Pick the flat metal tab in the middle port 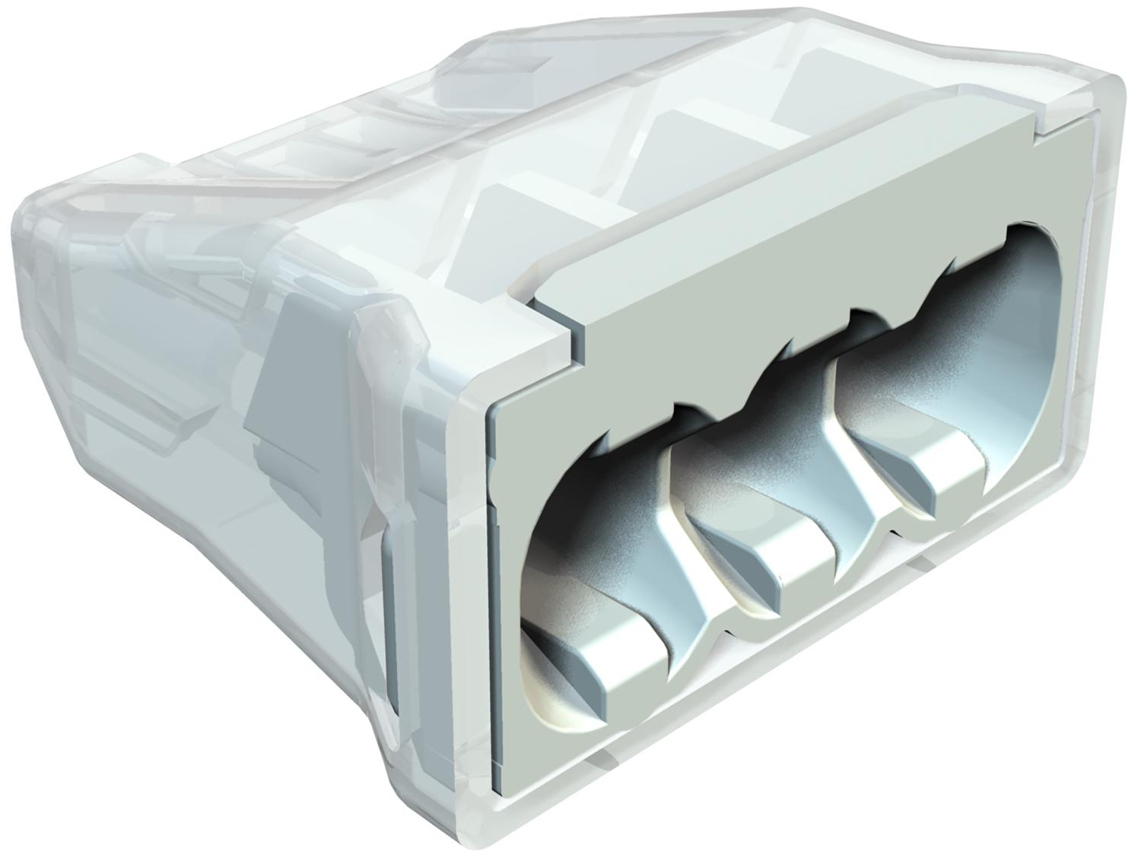tap(768, 555)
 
